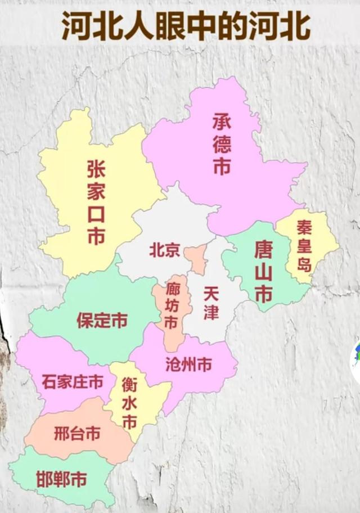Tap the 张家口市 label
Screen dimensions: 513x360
(x=96, y=203)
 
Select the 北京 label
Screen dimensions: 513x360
(x=164, y=250)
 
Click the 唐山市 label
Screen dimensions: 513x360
(x=263, y=271)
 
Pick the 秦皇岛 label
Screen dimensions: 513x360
(x=304, y=246)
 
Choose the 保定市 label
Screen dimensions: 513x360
(x=102, y=321)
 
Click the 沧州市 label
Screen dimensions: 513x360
(x=188, y=365)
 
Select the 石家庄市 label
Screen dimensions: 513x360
(x=73, y=382)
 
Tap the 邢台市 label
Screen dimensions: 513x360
(x=77, y=434)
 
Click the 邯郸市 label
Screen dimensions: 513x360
(x=61, y=480)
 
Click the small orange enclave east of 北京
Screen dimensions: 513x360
(x=195, y=259)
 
